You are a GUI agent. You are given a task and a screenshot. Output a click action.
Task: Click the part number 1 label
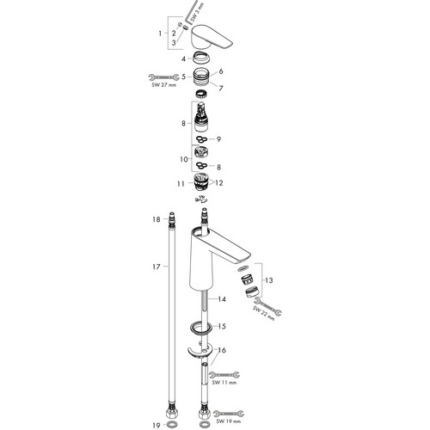160,34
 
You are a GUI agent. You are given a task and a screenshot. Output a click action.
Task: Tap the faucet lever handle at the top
211,37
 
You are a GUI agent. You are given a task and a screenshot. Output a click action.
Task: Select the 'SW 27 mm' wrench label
164,85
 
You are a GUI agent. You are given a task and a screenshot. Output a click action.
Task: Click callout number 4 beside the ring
183,59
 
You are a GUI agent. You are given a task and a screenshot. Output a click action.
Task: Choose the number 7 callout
220,89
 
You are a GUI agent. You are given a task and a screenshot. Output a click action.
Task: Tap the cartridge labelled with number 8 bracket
201,117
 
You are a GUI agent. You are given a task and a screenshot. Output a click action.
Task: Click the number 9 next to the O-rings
218,139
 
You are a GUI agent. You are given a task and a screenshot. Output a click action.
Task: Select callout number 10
184,159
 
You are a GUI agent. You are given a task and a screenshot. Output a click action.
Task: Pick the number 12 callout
219,183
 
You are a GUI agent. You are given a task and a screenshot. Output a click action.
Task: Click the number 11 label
181,183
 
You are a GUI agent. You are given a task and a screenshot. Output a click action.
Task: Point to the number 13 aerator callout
269,280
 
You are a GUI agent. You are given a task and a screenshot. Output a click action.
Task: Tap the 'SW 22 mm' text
264,313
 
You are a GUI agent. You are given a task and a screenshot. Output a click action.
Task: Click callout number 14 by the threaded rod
222,299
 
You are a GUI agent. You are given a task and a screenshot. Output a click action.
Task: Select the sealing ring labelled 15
201,328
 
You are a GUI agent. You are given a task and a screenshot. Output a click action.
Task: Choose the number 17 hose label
157,267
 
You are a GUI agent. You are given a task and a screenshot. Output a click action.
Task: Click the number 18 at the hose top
157,219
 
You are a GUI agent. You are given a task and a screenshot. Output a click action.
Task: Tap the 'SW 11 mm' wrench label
224,383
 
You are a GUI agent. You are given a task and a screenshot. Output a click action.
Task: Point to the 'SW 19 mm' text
229,421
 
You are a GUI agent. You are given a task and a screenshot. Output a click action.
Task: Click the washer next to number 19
171,424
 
